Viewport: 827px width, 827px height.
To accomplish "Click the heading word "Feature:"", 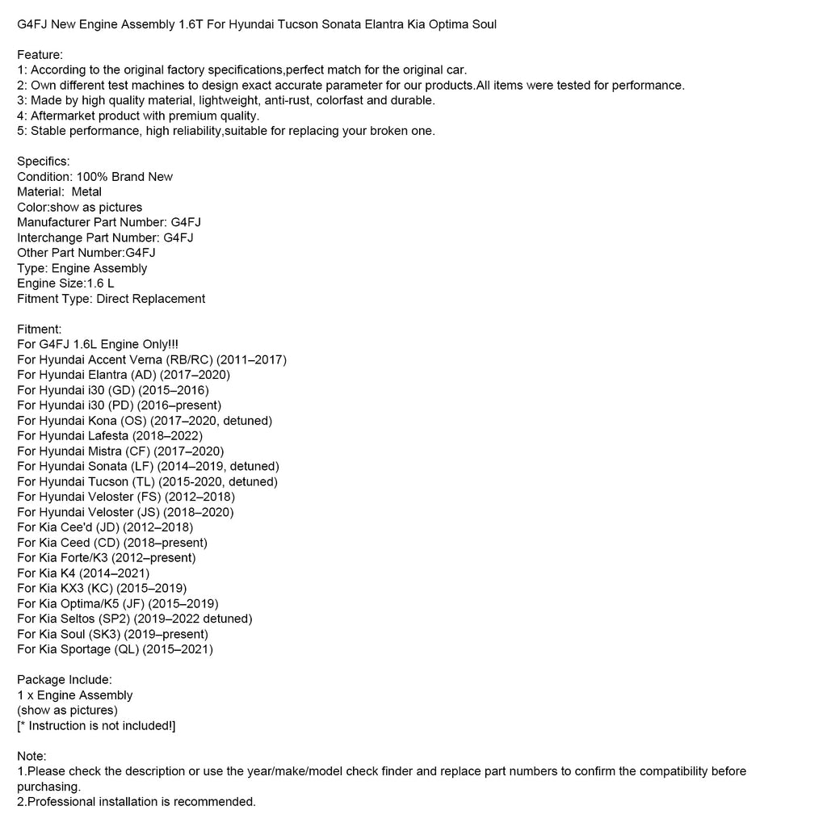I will [x=40, y=54].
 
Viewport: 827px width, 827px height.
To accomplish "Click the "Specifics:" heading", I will [x=44, y=162].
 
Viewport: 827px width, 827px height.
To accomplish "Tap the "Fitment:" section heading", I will [x=40, y=330].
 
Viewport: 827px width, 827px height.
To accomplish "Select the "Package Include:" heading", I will [x=65, y=680].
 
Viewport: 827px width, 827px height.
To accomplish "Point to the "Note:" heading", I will [x=32, y=756].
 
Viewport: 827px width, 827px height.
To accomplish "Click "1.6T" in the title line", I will [x=186, y=24].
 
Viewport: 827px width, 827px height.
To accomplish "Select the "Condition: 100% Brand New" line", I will [x=95, y=177].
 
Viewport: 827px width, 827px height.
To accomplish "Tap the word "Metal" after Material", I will [x=86, y=192].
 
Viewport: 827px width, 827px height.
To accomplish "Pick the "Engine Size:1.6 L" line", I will [x=71, y=283].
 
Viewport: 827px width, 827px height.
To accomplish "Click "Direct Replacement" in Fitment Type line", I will [x=150, y=299].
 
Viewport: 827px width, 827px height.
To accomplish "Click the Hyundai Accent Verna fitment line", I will [x=152, y=360].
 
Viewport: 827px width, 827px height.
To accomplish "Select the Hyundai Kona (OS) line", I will [x=145, y=421].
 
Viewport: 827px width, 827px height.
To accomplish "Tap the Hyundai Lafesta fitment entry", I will [x=110, y=436].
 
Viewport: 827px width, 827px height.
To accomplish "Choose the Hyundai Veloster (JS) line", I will [x=125, y=512].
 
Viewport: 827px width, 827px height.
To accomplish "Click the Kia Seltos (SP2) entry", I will [x=135, y=619].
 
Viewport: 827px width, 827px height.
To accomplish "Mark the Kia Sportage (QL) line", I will [x=115, y=649].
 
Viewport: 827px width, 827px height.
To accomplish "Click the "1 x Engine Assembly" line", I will [x=75, y=695].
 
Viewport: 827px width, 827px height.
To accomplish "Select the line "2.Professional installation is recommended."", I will [x=136, y=802].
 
